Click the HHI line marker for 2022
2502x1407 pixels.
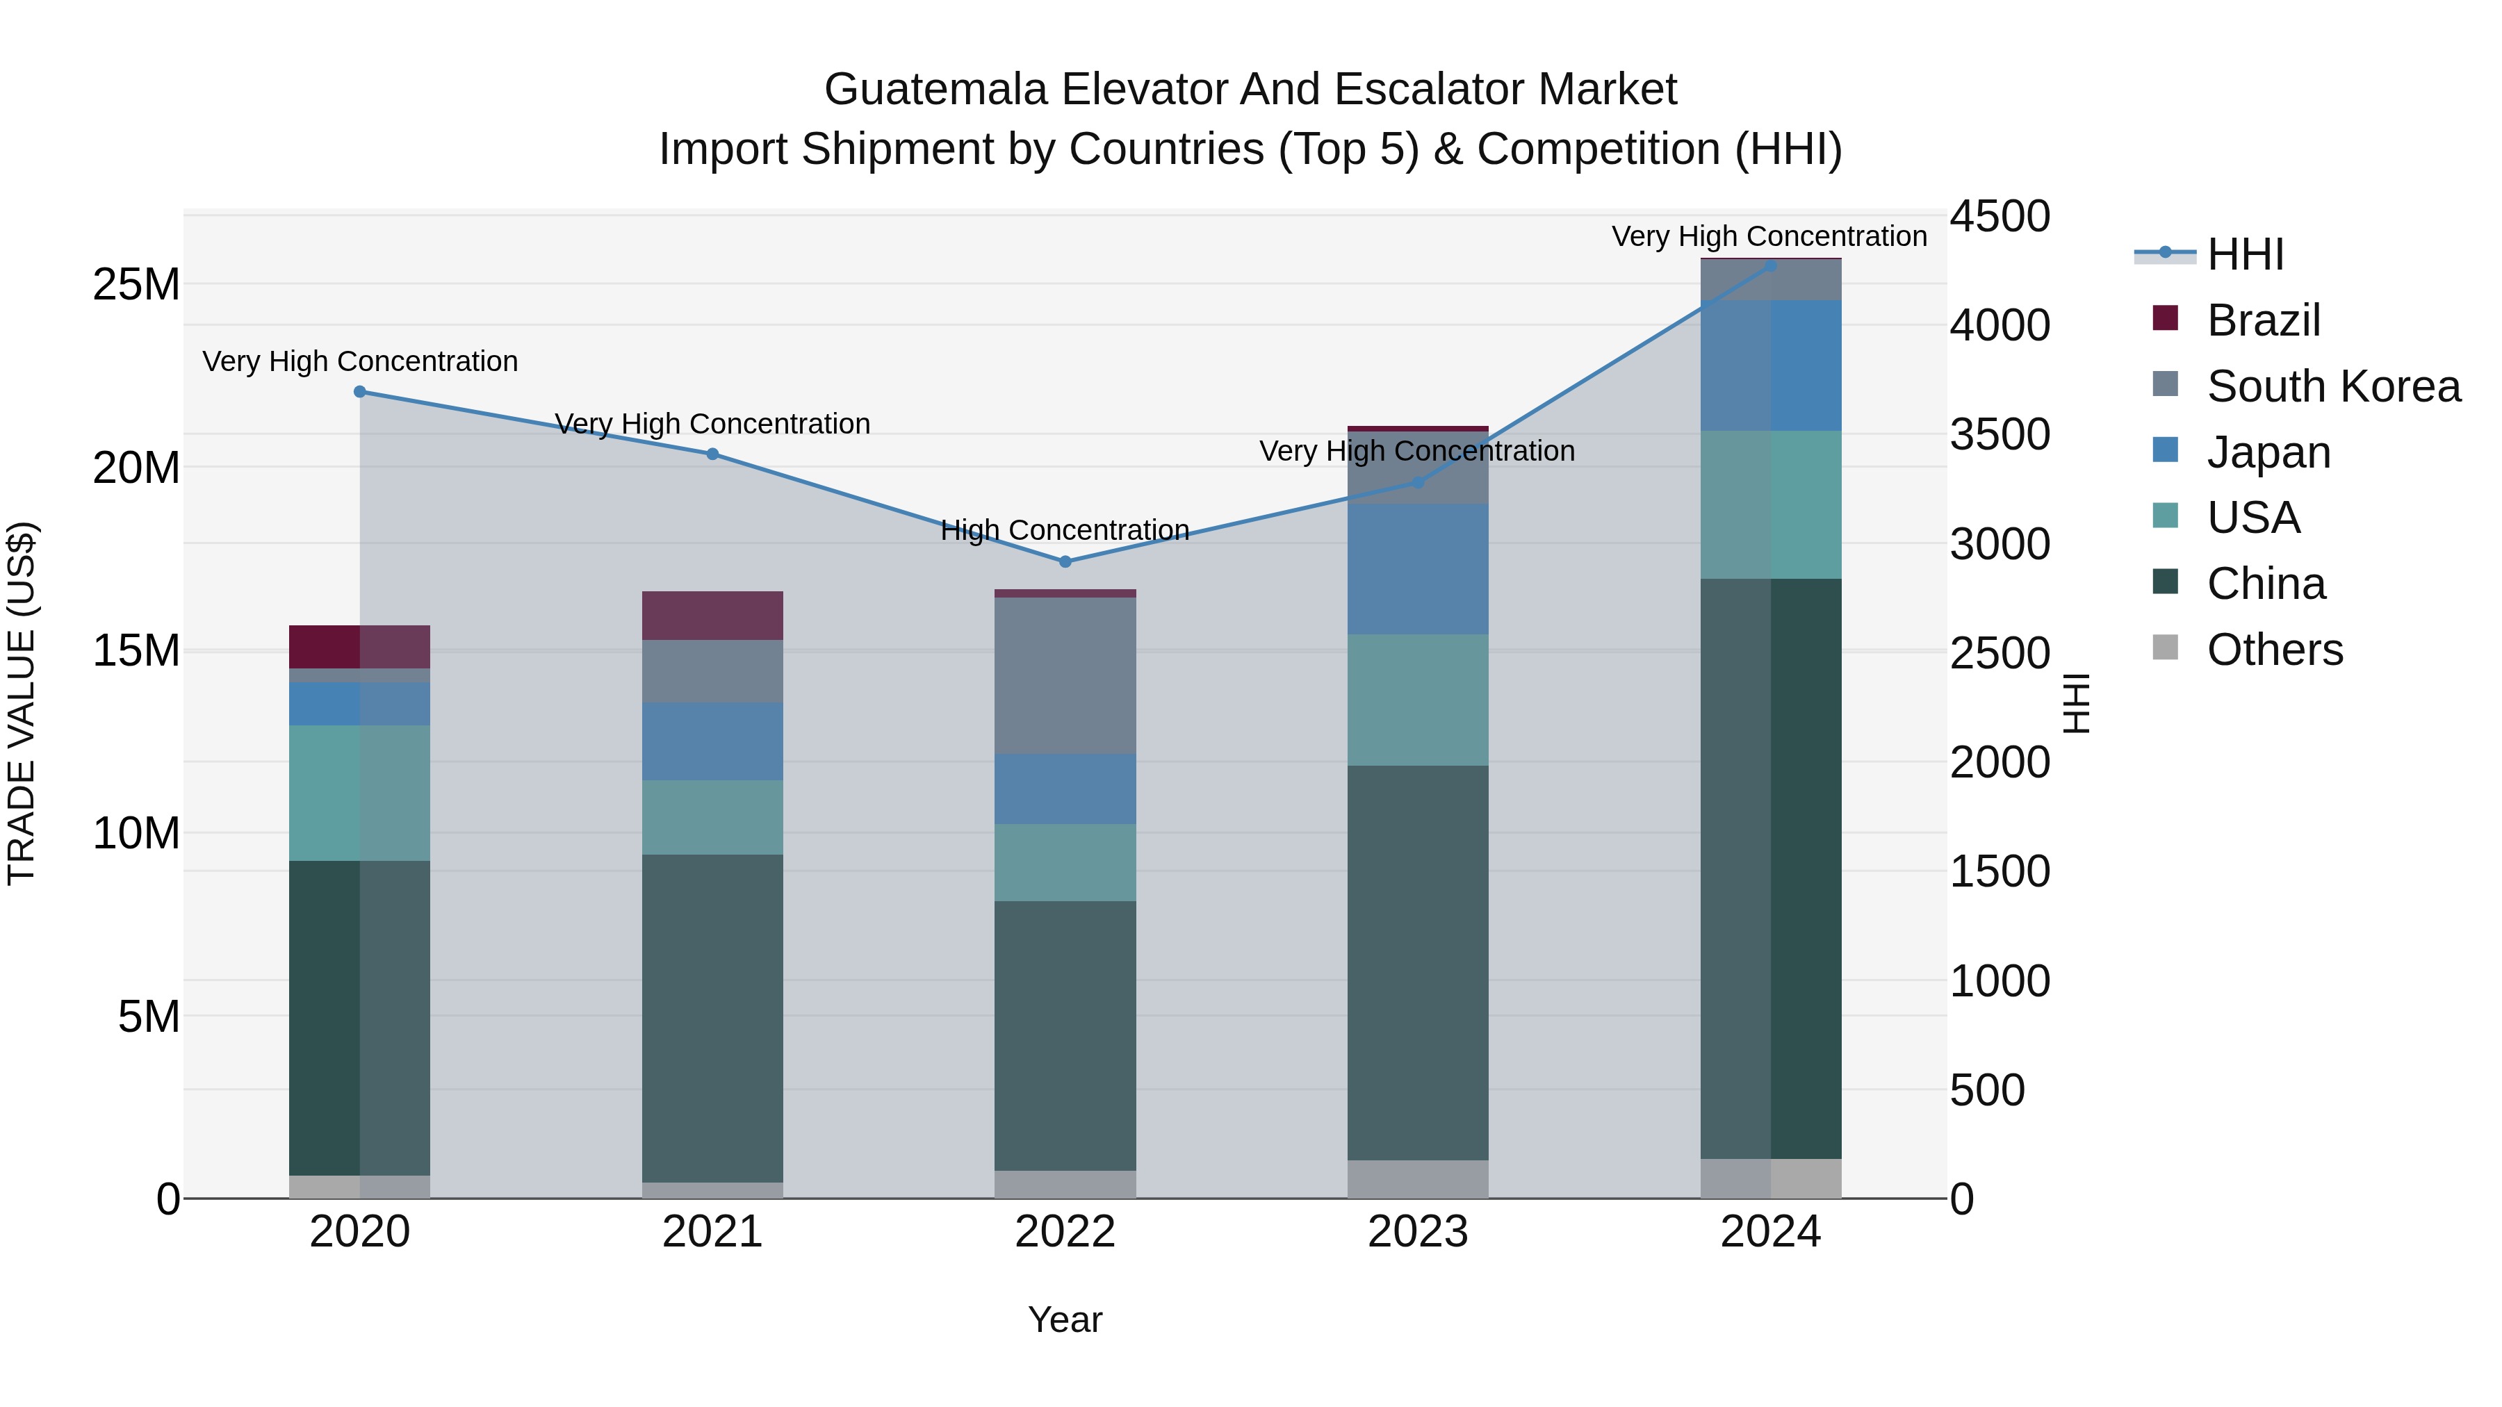click(x=1065, y=561)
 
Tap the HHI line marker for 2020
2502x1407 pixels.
click(x=359, y=391)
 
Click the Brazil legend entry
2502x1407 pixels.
click(x=2263, y=320)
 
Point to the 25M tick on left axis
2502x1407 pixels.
click(x=136, y=284)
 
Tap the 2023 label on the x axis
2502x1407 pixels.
click(x=1417, y=1232)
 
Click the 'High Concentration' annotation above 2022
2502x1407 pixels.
click(x=1065, y=530)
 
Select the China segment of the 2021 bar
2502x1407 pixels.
click(x=712, y=1018)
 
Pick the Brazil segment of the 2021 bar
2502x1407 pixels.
click(x=712, y=616)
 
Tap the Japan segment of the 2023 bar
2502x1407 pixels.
click(x=1417, y=569)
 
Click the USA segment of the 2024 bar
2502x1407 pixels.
click(x=1769, y=505)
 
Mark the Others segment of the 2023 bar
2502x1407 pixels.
click(x=1417, y=1179)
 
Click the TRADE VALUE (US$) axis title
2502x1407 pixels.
click(x=22, y=703)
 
